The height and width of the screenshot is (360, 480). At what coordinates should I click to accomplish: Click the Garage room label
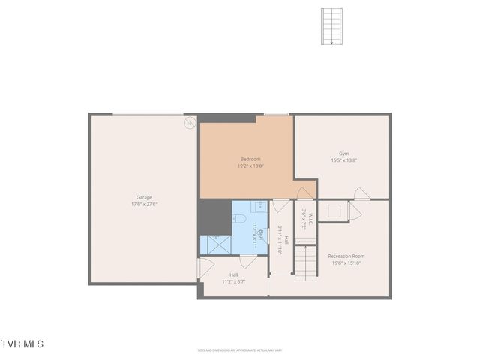[144, 197]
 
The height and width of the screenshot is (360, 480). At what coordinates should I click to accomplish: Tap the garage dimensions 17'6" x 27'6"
[144, 204]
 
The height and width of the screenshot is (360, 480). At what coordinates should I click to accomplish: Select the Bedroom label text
[250, 159]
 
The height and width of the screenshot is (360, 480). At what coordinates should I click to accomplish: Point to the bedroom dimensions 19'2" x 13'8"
[250, 166]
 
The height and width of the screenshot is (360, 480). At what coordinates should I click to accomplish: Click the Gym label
[343, 153]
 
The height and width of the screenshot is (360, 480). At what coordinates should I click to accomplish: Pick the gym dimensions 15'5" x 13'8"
[343, 160]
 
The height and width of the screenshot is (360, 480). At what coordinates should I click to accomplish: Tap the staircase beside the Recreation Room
[304, 263]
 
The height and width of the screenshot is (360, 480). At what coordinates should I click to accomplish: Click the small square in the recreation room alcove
[334, 211]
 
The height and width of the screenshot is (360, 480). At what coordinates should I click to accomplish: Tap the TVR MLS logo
[22, 343]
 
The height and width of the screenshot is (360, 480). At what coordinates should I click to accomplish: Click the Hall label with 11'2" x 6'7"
[233, 278]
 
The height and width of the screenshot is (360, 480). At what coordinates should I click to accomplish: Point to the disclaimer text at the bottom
[239, 349]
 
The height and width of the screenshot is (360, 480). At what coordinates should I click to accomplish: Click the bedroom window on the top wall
[277, 115]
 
